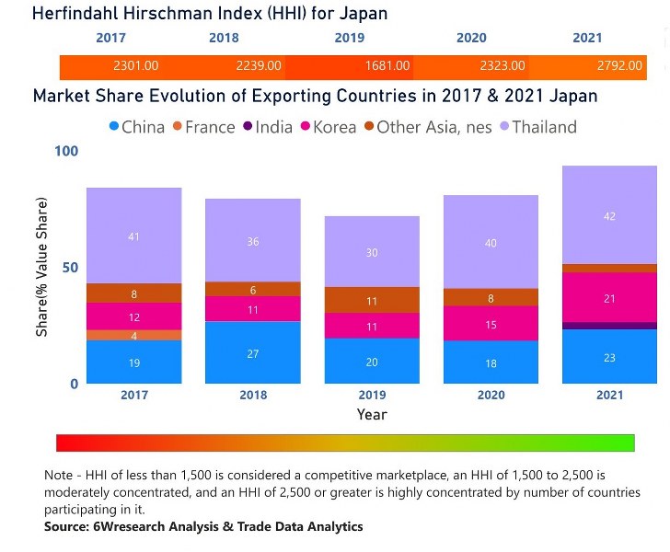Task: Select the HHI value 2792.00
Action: tap(604, 66)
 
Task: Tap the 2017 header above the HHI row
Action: tap(111, 38)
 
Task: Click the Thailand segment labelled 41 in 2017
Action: tap(134, 236)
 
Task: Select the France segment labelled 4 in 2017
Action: tap(134, 336)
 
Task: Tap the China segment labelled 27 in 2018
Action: tap(253, 352)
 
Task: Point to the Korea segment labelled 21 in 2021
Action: tap(610, 297)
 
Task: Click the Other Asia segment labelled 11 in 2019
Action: tap(372, 300)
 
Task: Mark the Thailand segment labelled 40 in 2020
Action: tap(491, 242)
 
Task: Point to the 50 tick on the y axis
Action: tap(70, 268)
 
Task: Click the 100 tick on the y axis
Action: tap(66, 151)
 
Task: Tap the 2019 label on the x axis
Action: tap(372, 395)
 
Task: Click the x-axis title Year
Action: tap(372, 414)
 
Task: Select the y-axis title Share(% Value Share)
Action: tap(41, 268)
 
